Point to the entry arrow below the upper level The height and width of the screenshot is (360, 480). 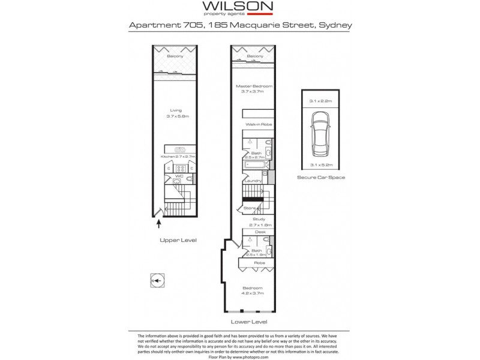159,224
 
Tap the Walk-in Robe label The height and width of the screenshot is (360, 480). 255,124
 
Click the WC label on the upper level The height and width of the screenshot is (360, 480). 179,176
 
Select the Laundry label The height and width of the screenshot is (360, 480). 251,179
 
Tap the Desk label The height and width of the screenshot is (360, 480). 260,232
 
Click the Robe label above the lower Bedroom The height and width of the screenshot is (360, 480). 260,263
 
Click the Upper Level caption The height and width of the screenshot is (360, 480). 178,240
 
